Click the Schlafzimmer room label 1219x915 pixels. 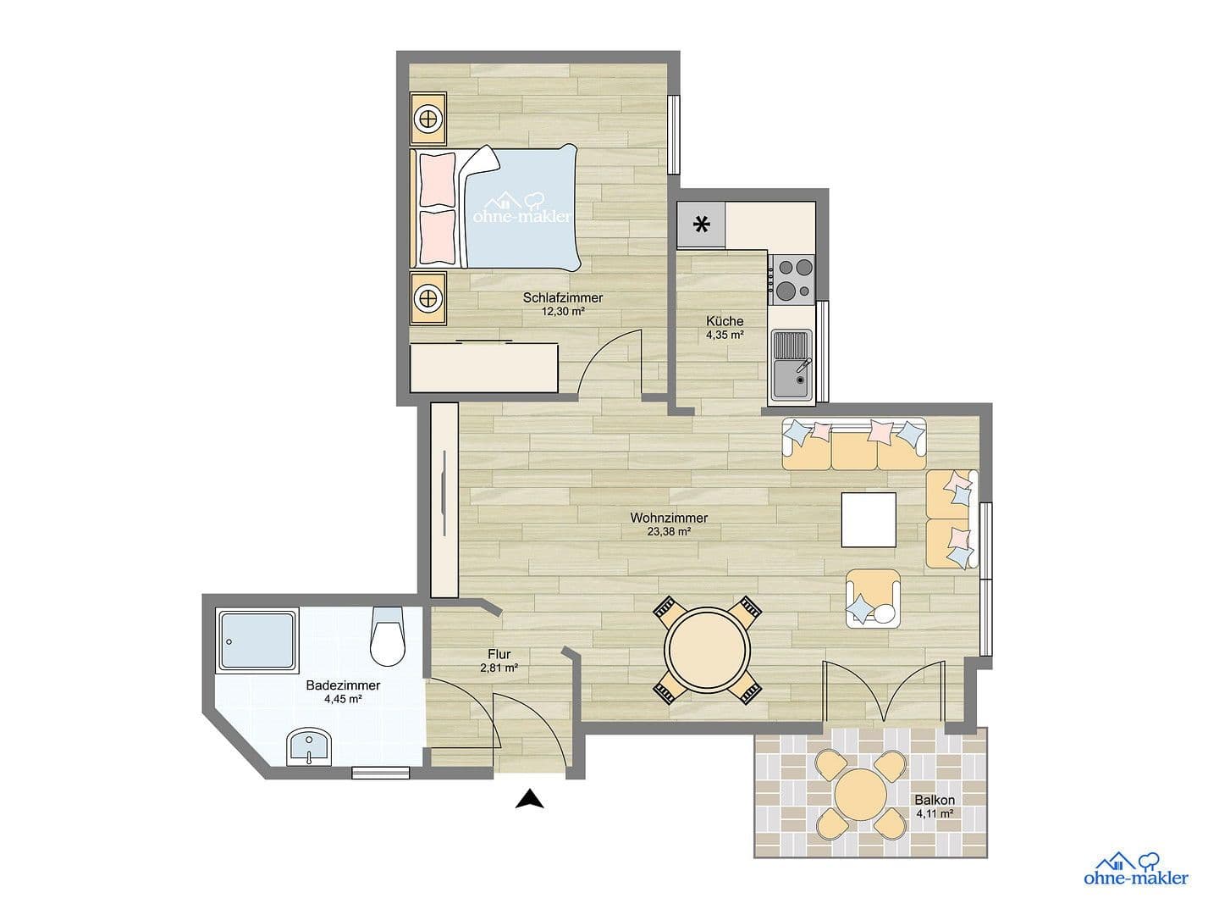point(562,297)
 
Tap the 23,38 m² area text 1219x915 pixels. point(669,532)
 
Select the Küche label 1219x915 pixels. point(725,321)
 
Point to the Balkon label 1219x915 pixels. point(935,800)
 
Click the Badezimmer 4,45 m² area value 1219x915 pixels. point(343,700)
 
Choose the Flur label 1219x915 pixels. point(498,654)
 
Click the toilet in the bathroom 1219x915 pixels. point(388,638)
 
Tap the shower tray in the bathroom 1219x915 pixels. point(258,640)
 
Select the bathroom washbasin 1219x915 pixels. point(309,746)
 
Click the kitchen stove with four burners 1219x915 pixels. point(792,279)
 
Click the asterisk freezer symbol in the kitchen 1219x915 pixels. point(701,225)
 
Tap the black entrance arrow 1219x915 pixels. point(529,799)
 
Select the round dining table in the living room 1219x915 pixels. point(707,650)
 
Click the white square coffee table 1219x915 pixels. point(869,520)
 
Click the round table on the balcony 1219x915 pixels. point(862,793)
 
